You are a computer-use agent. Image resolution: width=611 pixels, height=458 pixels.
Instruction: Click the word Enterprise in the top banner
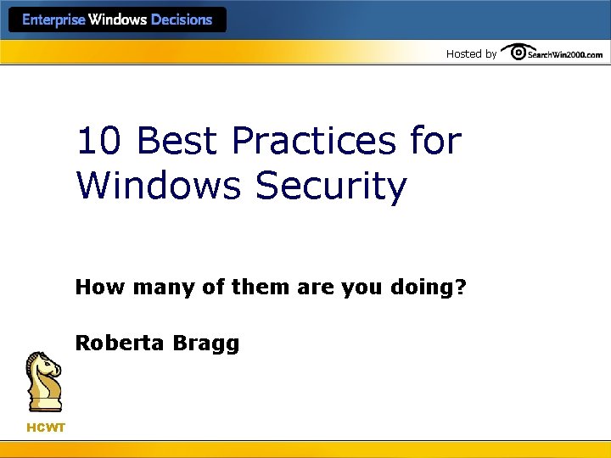click(x=53, y=20)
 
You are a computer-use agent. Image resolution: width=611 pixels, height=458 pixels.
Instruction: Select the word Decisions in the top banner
click(x=181, y=20)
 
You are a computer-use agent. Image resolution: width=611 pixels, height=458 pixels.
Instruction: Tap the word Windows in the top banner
click(x=119, y=20)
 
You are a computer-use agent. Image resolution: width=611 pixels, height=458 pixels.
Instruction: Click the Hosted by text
click(x=471, y=54)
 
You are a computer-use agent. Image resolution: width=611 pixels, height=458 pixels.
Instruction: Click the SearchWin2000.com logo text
click(x=565, y=55)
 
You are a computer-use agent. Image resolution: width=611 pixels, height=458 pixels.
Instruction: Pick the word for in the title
click(x=434, y=141)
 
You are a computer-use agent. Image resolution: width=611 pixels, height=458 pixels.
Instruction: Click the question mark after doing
click(x=461, y=288)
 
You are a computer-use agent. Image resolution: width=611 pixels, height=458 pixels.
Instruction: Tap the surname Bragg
click(x=207, y=343)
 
